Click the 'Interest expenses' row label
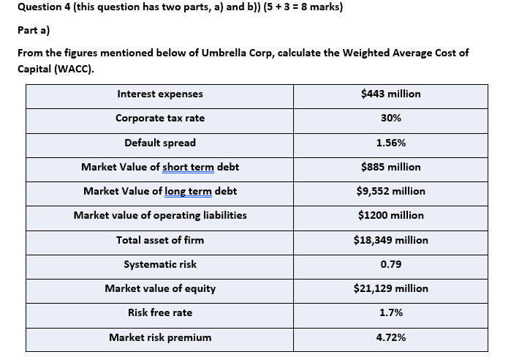(160, 94)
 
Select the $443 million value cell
(390, 94)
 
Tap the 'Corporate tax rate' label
(160, 118)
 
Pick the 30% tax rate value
(390, 118)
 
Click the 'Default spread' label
(160, 143)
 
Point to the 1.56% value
(390, 143)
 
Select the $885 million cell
(390, 167)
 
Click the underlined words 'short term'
(188, 168)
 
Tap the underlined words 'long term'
(190, 192)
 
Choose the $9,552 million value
(390, 191)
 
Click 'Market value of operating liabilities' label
(160, 215)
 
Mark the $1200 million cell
(390, 215)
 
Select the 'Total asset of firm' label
(160, 240)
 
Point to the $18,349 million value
(390, 240)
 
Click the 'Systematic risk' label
(160, 264)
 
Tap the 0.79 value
(390, 264)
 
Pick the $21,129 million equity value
(390, 288)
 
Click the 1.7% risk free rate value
(390, 312)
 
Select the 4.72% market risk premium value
(390, 337)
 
